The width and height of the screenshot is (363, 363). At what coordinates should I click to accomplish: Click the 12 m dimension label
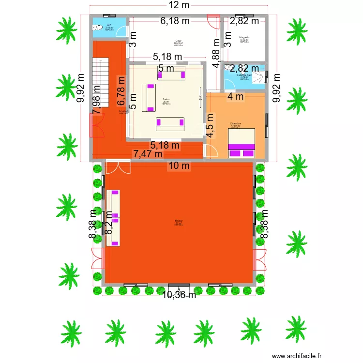pos(179,5)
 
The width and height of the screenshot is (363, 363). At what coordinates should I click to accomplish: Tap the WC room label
pos(109,25)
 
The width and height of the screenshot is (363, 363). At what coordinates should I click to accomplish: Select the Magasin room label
pos(244,37)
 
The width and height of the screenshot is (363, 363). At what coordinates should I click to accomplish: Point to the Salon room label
pos(166,99)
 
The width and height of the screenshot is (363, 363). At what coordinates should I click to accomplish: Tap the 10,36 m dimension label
pos(179,294)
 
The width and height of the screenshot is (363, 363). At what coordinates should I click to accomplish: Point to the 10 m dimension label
pos(179,166)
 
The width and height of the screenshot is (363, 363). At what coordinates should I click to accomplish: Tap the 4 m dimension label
pos(236,96)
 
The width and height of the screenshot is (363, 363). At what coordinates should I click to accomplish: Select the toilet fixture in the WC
pos(97,27)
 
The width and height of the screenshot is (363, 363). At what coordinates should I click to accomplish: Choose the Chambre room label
pos(235,123)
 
